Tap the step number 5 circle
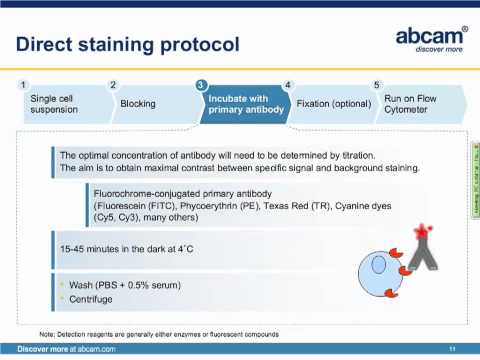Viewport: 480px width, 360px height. coord(376,84)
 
